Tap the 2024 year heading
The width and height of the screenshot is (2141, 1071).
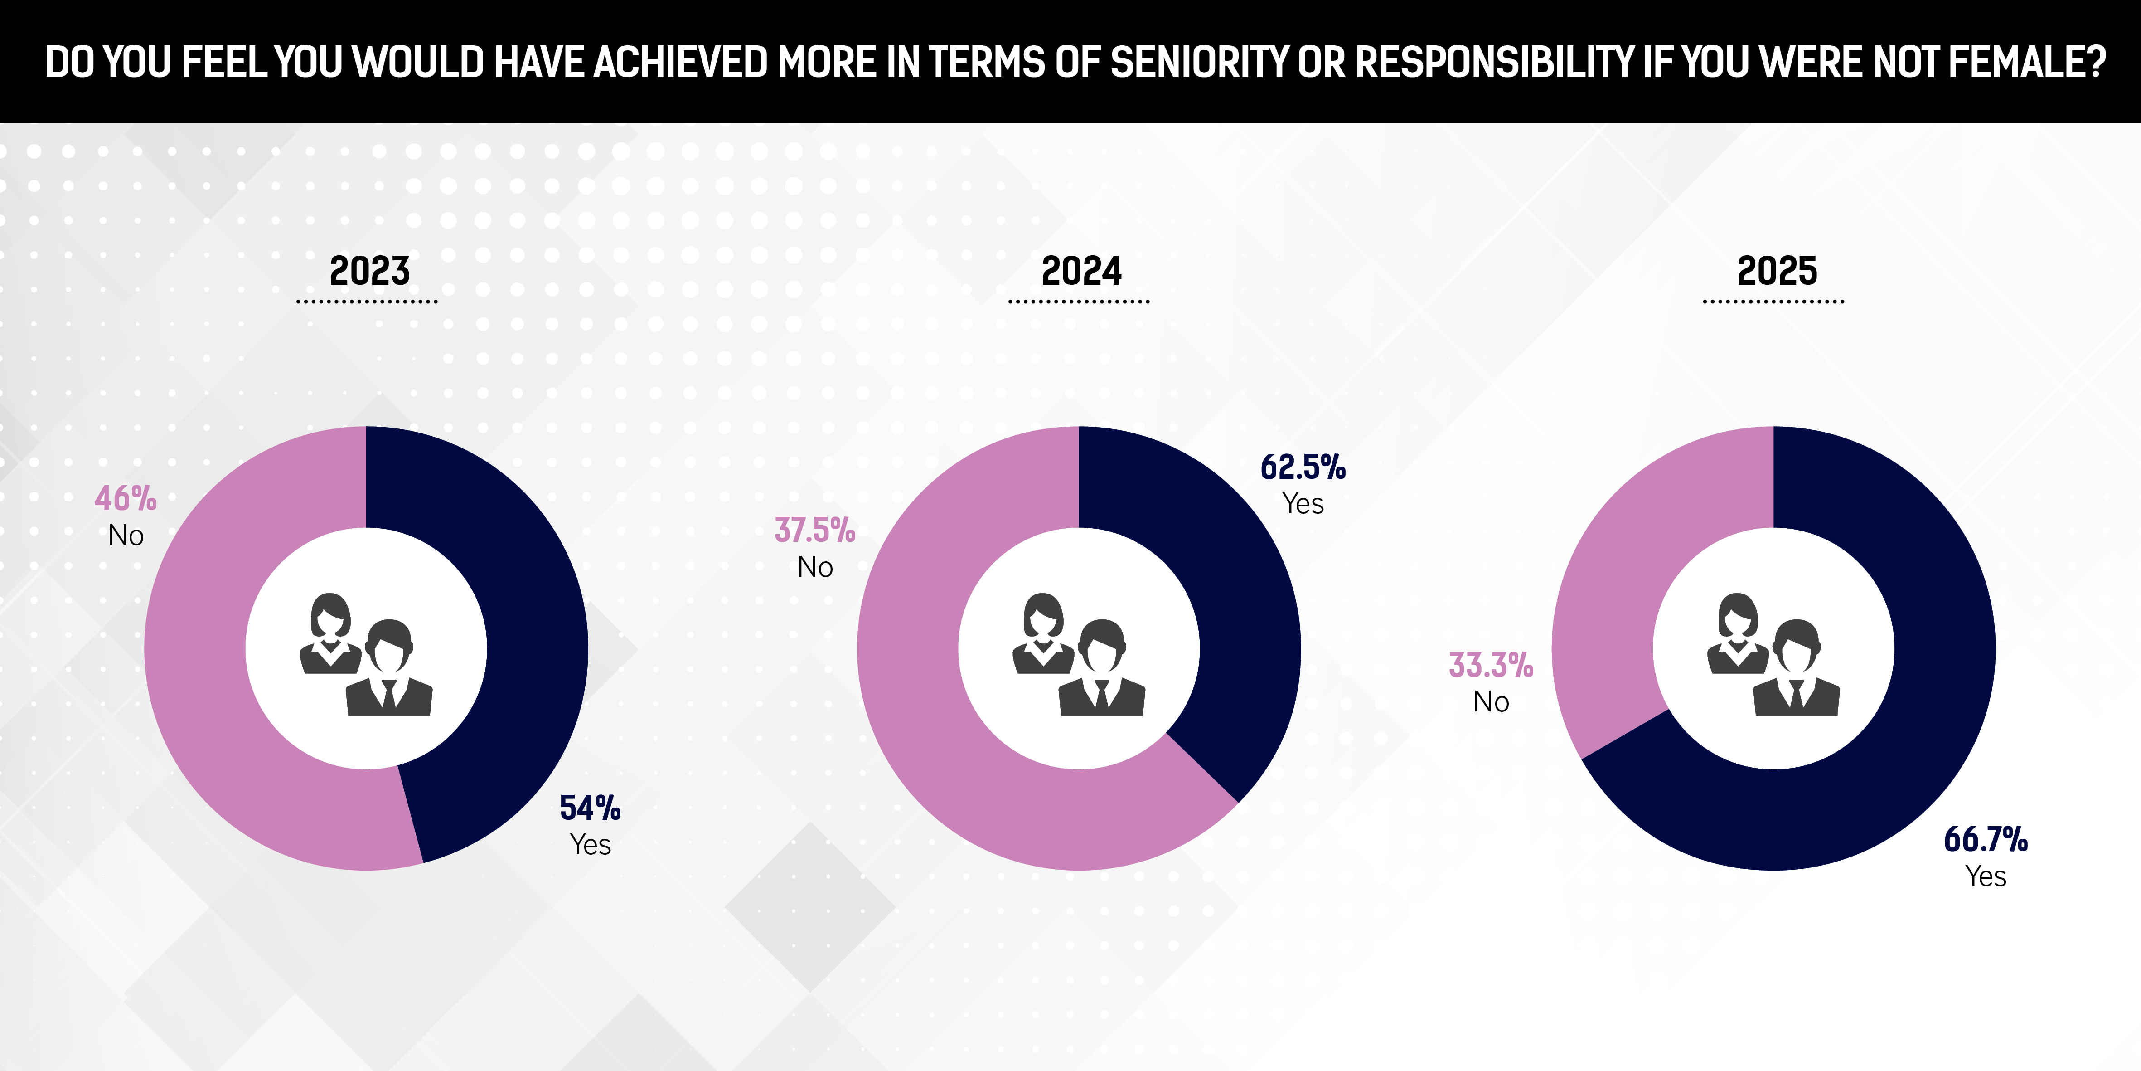coord(1081,271)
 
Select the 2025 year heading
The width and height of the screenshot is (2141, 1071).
coord(1777,271)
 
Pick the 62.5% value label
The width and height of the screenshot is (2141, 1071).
coord(1303,467)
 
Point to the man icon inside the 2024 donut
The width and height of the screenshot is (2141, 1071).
coord(1102,669)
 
